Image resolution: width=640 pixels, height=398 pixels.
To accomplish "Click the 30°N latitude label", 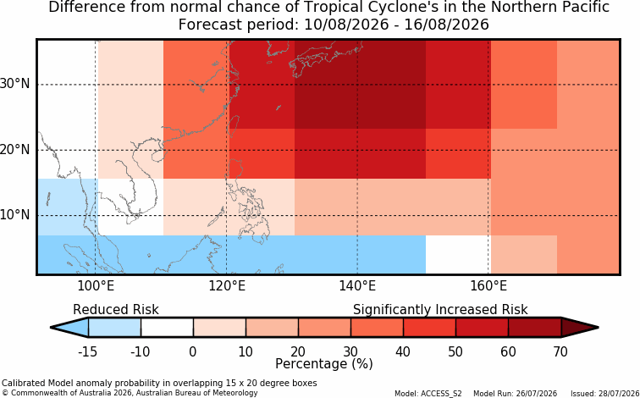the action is click(x=14, y=84).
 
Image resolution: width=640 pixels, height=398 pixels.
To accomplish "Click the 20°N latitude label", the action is click(x=14, y=150).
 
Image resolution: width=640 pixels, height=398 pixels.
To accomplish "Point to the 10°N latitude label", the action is click(x=14, y=215).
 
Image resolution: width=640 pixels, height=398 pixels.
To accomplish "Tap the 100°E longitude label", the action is click(x=96, y=285).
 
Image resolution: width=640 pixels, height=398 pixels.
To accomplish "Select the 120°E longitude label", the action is click(x=227, y=285).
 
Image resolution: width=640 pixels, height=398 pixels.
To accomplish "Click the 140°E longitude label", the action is click(x=357, y=285).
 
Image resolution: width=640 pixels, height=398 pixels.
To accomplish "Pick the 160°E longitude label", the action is click(x=488, y=285).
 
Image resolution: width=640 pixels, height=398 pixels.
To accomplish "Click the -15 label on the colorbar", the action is click(x=87, y=351).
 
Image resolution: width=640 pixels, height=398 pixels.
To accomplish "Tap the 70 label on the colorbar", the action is click(x=560, y=351).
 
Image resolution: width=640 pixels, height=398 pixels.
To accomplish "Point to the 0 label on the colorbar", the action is click(x=193, y=351).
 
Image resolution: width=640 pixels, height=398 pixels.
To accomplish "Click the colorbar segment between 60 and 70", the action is click(x=535, y=328).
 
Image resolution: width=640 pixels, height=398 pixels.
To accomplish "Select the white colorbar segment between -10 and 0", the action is click(x=167, y=328).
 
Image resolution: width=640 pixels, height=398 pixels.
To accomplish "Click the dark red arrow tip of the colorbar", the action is click(x=598, y=328).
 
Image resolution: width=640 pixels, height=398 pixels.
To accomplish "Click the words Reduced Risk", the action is click(x=116, y=310).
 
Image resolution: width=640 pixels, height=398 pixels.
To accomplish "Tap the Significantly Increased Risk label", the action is click(x=440, y=310).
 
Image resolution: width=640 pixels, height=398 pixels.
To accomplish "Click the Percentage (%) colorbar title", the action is click(x=324, y=364).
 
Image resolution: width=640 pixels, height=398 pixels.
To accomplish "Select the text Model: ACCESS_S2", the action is click(x=428, y=394).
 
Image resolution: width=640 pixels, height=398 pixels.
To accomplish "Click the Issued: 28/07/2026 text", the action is click(x=605, y=394).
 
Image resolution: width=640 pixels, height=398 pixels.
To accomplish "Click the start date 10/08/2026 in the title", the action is click(x=346, y=25).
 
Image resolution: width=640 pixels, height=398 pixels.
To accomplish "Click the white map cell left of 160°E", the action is click(x=458, y=254).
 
